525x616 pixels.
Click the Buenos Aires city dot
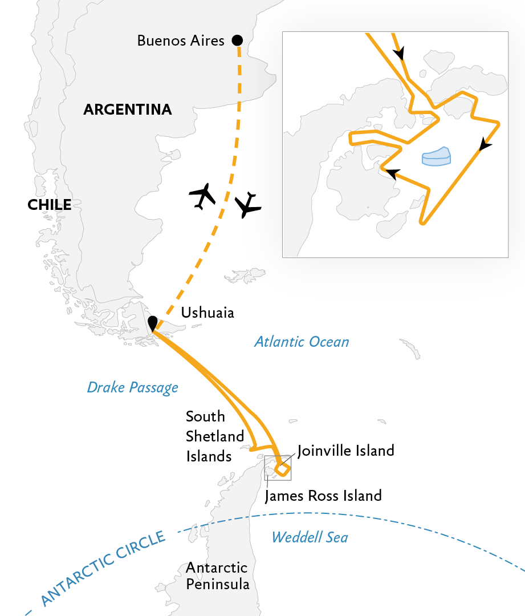click(237, 40)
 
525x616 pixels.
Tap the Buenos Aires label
click(181, 41)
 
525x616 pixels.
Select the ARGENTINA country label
click(128, 110)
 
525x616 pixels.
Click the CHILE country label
click(50, 205)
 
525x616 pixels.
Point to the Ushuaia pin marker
click(153, 323)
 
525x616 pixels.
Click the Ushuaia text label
click(207, 313)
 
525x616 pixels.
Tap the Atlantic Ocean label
click(302, 342)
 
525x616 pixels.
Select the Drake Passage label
click(132, 388)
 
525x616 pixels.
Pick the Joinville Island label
click(345, 451)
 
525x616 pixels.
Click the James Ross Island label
click(323, 496)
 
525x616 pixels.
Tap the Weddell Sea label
click(310, 537)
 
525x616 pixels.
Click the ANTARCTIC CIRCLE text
click(103, 569)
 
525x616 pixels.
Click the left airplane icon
click(202, 196)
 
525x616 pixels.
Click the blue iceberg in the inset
click(436, 157)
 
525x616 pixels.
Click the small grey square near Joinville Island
click(278, 468)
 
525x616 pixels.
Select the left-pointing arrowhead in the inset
click(391, 173)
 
